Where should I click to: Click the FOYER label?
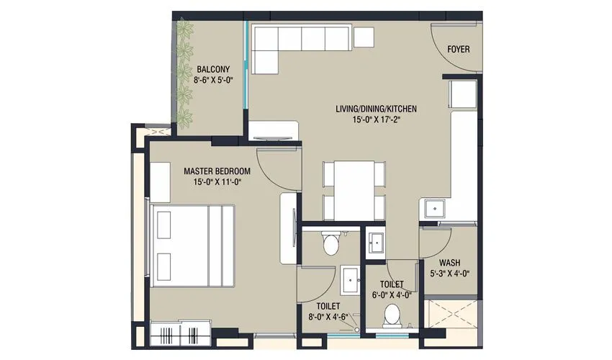pos(459,50)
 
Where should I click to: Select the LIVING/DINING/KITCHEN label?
pos(377,109)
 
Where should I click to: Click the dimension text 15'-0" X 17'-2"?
pos(377,120)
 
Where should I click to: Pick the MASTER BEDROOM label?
pos(217,171)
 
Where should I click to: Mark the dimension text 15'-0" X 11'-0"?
pos(217,182)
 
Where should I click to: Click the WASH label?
pos(450,263)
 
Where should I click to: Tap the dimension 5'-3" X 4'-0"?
pos(450,274)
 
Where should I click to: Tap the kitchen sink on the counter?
pos(436,209)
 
